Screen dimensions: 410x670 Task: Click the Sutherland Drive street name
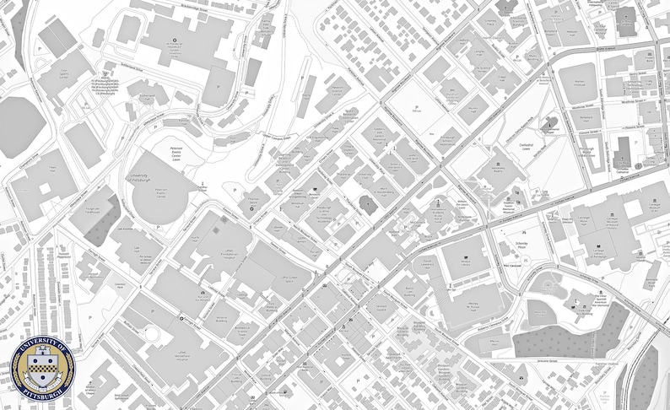[118, 64]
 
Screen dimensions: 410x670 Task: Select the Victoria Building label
[221, 320]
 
